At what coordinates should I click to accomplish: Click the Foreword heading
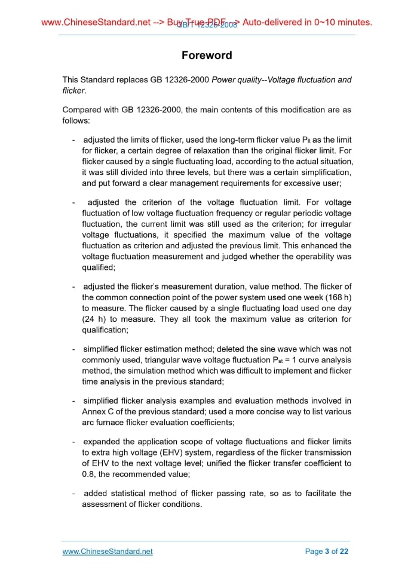207,56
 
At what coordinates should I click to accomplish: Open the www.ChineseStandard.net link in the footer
108,552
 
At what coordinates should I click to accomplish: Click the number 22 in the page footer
344,552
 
